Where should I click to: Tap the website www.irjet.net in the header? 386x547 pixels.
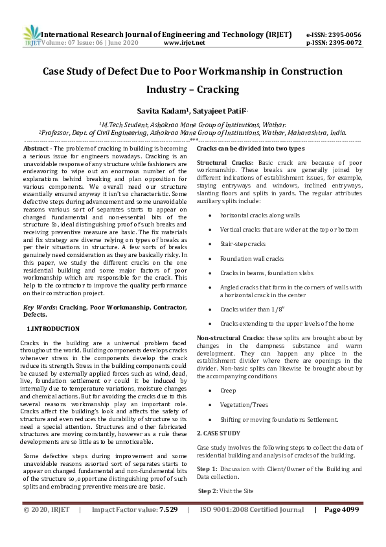[x=185, y=43]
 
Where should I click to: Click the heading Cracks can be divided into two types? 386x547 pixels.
[x=250, y=149]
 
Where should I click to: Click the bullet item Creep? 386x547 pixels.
[x=229, y=390]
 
